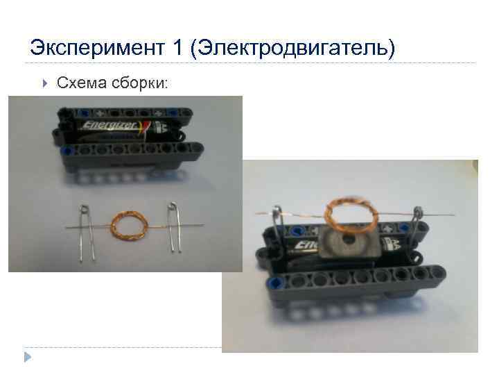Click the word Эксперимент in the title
click(x=96, y=49)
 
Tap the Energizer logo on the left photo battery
click(x=110, y=126)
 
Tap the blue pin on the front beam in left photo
click(x=66, y=150)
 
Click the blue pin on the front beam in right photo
click(x=277, y=283)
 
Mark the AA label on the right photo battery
click(x=392, y=244)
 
